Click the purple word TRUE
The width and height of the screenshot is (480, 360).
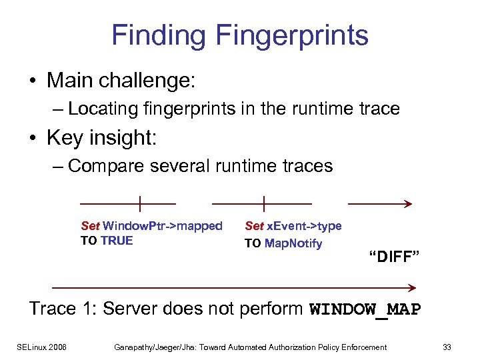tap(117, 241)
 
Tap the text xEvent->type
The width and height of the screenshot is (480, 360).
tap(304, 226)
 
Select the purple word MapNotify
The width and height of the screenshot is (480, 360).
tap(293, 243)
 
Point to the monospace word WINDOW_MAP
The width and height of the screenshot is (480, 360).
tap(365, 309)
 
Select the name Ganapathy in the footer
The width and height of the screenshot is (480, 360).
tap(138, 347)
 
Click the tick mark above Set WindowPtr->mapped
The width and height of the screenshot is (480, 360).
tap(140, 203)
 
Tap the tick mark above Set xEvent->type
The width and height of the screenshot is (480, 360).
tap(264, 203)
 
